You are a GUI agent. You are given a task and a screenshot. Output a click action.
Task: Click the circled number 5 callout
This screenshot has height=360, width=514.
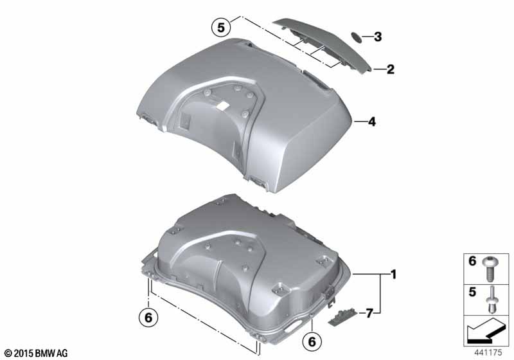pos(221,27)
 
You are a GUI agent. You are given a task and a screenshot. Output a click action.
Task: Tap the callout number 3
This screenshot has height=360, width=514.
pos(378,37)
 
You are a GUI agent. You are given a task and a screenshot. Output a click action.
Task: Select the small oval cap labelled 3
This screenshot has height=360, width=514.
pos(357,37)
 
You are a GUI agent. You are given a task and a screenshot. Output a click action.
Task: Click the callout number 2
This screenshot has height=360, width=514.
pos(390,69)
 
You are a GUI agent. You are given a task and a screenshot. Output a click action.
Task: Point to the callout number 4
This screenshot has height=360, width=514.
pos(371,122)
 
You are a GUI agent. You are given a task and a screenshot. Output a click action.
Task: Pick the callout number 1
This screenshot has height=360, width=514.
pos(393,274)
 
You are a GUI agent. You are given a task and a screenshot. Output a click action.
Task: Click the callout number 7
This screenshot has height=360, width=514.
pos(369,314)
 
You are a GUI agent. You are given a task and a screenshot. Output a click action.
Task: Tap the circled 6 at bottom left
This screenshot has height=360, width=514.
pos(148,318)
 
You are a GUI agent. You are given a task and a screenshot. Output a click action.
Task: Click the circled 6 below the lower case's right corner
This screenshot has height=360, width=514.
pos(312,341)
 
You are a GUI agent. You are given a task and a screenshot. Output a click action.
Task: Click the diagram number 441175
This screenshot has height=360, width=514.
pos(488,352)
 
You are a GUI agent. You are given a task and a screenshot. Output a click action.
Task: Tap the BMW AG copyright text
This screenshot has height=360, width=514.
pos(37,353)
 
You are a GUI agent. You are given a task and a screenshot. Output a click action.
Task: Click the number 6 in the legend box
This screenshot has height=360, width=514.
pos(472,261)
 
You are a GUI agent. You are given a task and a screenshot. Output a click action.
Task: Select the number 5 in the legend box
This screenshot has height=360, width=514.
pos(472,292)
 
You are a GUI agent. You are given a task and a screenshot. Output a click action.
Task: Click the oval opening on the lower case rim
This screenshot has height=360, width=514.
pos(295,325)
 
